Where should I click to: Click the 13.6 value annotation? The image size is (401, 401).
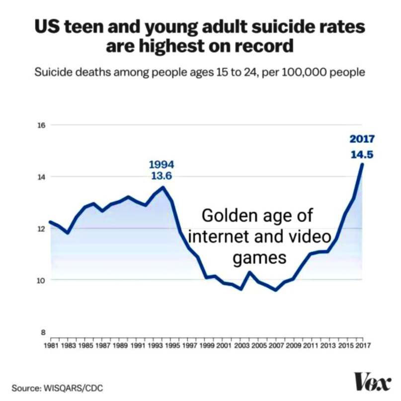pyautogui.click(x=161, y=176)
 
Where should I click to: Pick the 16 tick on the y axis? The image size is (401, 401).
pyautogui.click(x=42, y=125)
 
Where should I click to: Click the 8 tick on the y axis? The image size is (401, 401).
pyautogui.click(x=43, y=332)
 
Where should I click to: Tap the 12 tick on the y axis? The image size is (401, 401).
pyautogui.click(x=42, y=229)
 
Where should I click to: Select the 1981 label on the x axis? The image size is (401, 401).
pyautogui.click(x=51, y=344)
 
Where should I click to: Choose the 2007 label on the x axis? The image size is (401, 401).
pyautogui.click(x=276, y=344)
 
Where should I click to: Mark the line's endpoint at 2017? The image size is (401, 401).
pyautogui.click(x=362, y=164)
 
